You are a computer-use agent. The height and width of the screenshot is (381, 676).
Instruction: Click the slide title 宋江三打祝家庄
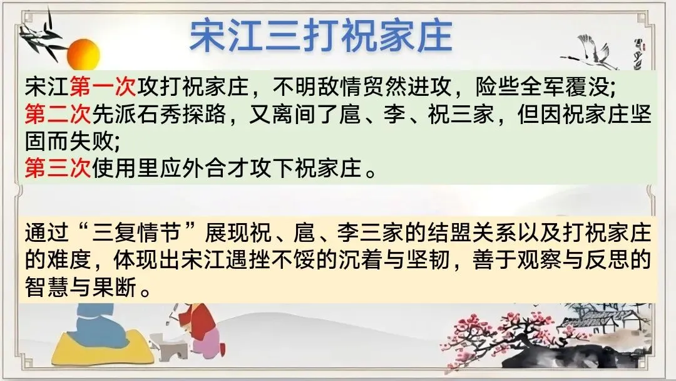tap(320, 36)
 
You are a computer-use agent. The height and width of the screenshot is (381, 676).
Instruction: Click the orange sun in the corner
tap(83, 55)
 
